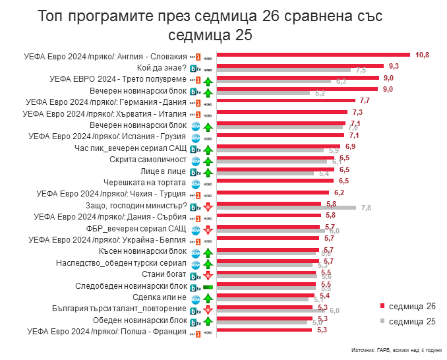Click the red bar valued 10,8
[x=313, y=55]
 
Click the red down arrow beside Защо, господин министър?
[x=207, y=207]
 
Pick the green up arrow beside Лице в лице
[x=207, y=171]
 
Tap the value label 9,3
[x=394, y=66]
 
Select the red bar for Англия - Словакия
[x=313, y=55]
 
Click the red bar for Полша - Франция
[x=264, y=330]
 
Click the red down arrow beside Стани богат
[x=207, y=276]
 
